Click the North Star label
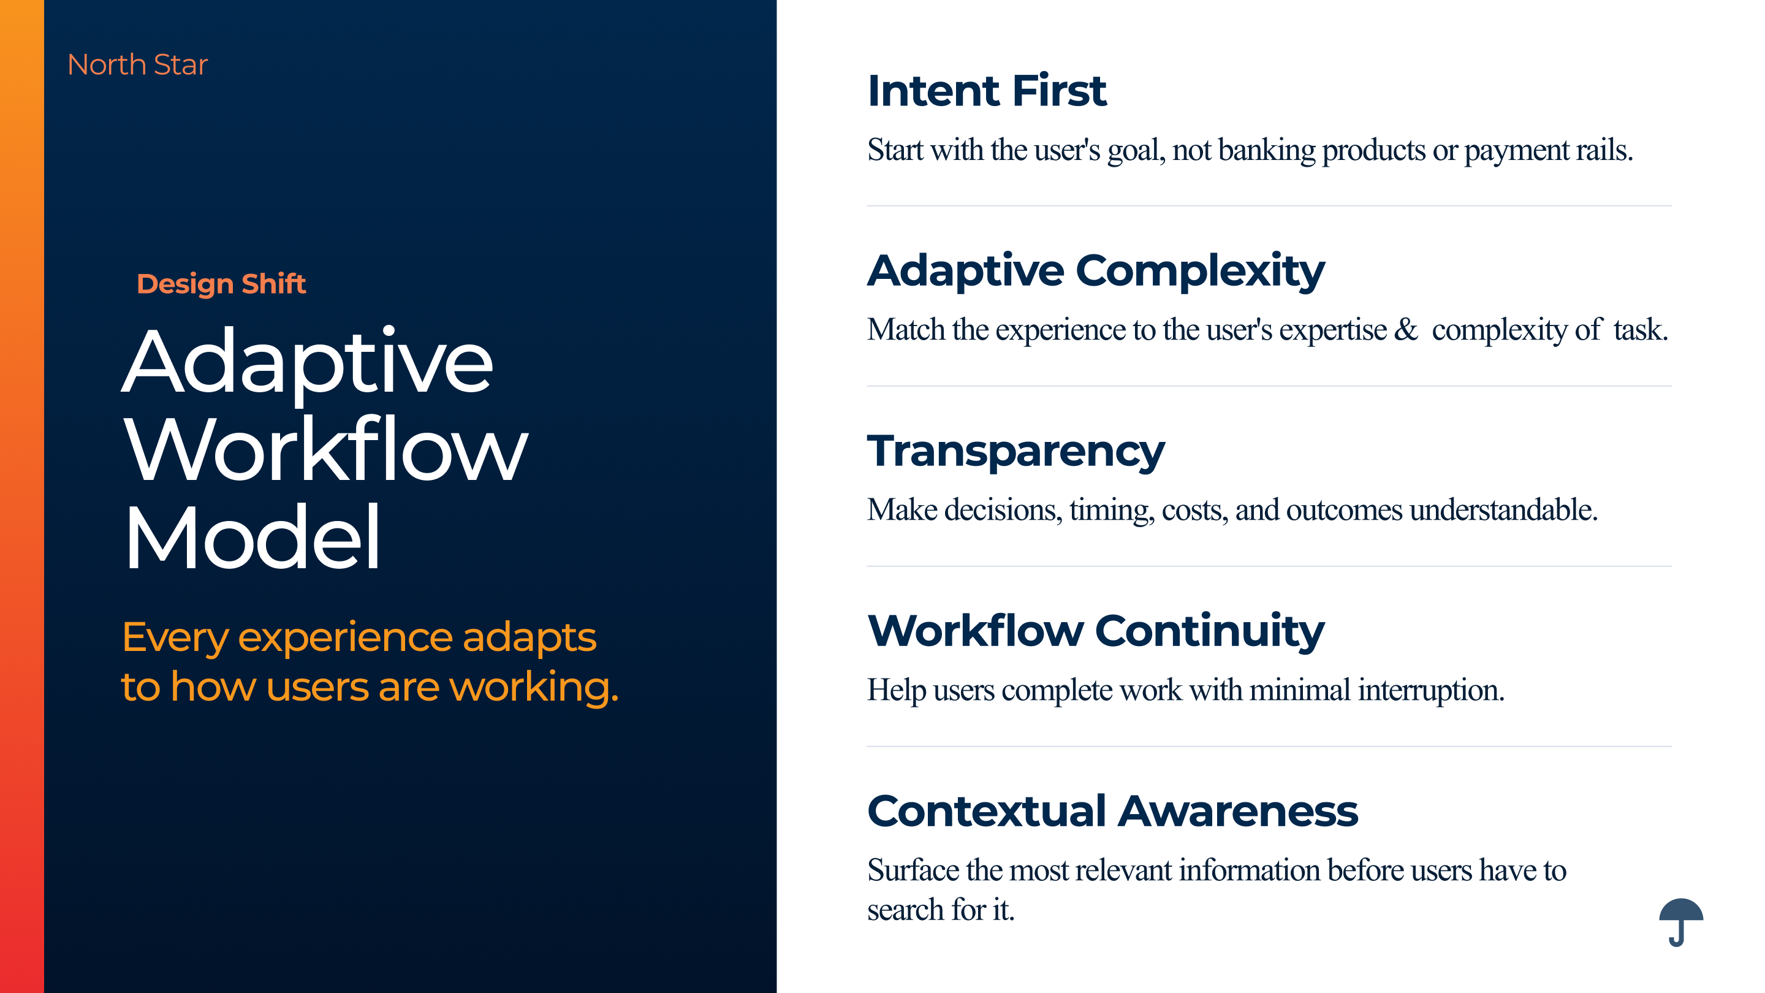click(137, 64)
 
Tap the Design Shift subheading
click(221, 284)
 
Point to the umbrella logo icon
click(1680, 923)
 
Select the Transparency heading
click(1015, 452)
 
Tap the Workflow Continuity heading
click(1096, 631)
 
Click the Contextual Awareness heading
click(1112, 812)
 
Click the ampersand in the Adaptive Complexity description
click(1406, 330)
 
